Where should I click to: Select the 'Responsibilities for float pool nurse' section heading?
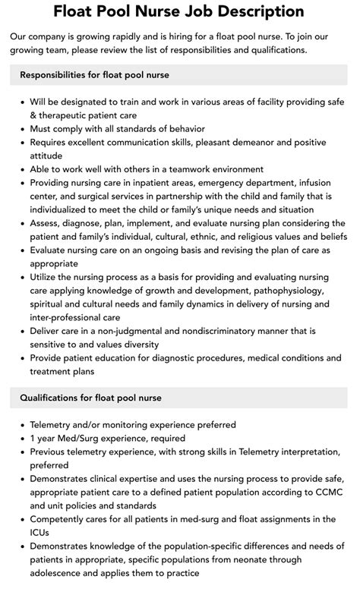(x=94, y=74)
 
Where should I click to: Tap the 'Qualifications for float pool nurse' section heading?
(x=91, y=397)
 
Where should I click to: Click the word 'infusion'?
(x=311, y=183)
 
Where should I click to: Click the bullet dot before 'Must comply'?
(x=22, y=129)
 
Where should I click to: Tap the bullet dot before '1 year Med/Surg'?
(x=22, y=438)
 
